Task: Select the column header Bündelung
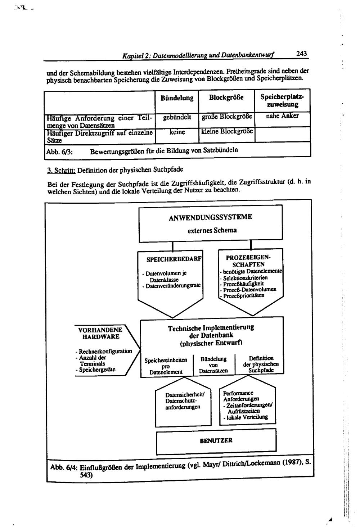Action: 177,98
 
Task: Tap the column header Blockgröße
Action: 226,98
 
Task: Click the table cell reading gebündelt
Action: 177,117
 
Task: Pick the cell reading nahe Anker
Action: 283,116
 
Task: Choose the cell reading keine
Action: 177,132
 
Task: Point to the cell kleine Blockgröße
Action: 228,131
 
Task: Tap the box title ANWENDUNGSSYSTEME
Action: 210,217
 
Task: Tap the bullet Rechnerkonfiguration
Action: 104,351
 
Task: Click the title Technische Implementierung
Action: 211,328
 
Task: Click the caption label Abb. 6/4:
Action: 63,468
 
